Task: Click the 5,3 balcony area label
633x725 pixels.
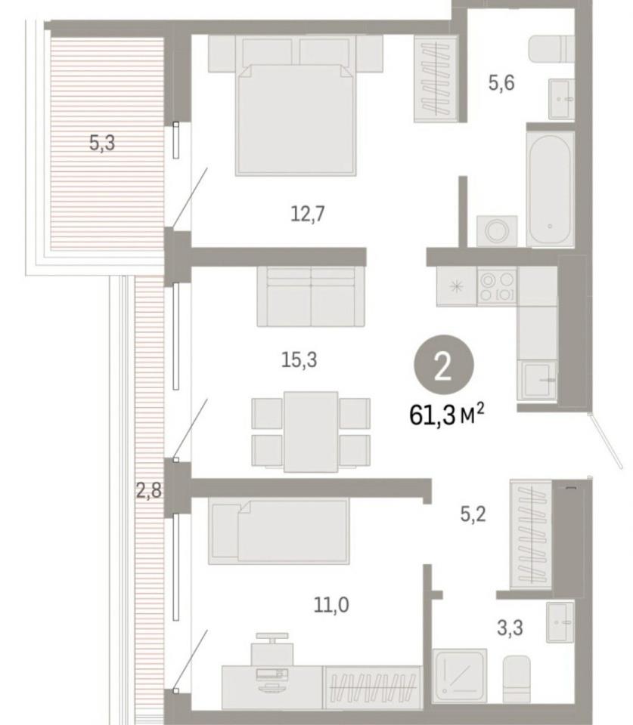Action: pyautogui.click(x=102, y=143)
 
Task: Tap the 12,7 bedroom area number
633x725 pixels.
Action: pyautogui.click(x=308, y=214)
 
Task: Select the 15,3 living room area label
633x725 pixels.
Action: pyautogui.click(x=299, y=359)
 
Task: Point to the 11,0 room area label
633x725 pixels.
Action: pyautogui.click(x=331, y=604)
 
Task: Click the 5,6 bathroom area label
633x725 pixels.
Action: pyautogui.click(x=501, y=83)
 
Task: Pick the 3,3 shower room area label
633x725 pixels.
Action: pyautogui.click(x=510, y=628)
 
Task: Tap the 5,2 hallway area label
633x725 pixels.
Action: pyautogui.click(x=473, y=514)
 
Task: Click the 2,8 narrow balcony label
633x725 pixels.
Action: pyautogui.click(x=149, y=490)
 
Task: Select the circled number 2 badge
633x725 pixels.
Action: pyautogui.click(x=444, y=365)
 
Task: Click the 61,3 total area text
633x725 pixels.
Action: pyautogui.click(x=447, y=415)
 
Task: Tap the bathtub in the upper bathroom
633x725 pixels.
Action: pyautogui.click(x=550, y=190)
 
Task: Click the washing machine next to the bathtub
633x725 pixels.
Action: pyautogui.click(x=497, y=231)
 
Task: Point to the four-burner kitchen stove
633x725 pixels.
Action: pyautogui.click(x=497, y=286)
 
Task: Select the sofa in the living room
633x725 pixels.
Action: pyautogui.click(x=311, y=296)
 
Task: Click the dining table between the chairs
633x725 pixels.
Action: pyautogui.click(x=311, y=432)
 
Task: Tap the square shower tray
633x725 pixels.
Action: pyautogui.click(x=460, y=675)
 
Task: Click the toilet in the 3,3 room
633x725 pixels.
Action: pyautogui.click(x=517, y=679)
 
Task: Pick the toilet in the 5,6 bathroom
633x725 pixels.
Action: pyautogui.click(x=551, y=48)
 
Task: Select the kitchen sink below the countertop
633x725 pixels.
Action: pyautogui.click(x=538, y=380)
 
